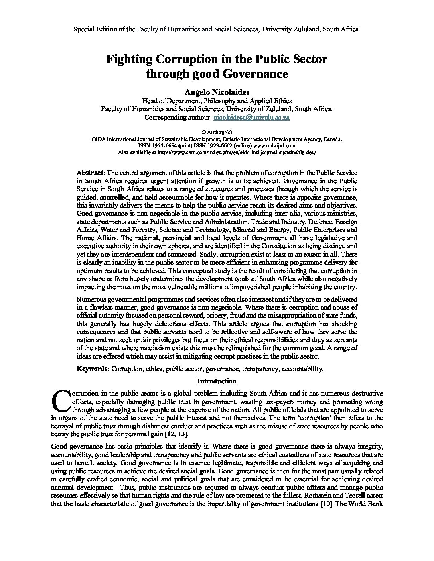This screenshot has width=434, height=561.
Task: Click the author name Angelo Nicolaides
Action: pyautogui.click(x=217, y=92)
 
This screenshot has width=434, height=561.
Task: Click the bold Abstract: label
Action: pyautogui.click(x=91, y=173)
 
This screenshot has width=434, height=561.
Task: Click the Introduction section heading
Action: pyautogui.click(x=217, y=381)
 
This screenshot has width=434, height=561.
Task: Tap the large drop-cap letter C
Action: pyautogui.click(x=61, y=400)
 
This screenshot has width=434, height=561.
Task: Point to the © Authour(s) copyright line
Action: pyautogui.click(x=217, y=133)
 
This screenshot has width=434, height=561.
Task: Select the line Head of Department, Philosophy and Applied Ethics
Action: pyautogui.click(x=217, y=101)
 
